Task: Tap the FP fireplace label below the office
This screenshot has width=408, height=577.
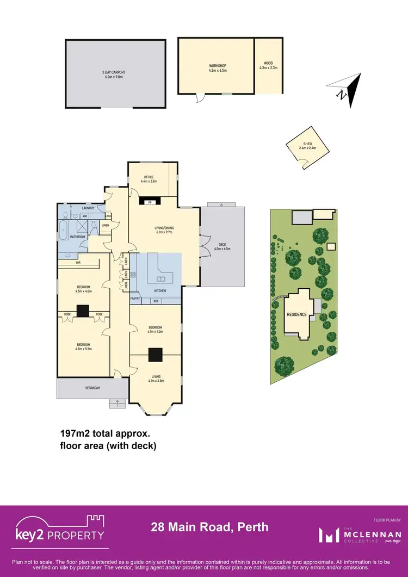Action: [x=150, y=202]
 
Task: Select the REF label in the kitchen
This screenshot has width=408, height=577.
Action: [x=156, y=300]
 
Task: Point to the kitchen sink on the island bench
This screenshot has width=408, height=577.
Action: [x=161, y=279]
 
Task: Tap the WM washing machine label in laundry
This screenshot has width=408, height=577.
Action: [x=85, y=216]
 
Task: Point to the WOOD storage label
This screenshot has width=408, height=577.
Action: [x=268, y=64]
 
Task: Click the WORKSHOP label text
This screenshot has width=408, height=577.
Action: [x=217, y=66]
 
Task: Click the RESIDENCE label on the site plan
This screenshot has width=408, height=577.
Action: [x=297, y=315]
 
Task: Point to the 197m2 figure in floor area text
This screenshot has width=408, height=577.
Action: [x=74, y=435]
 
